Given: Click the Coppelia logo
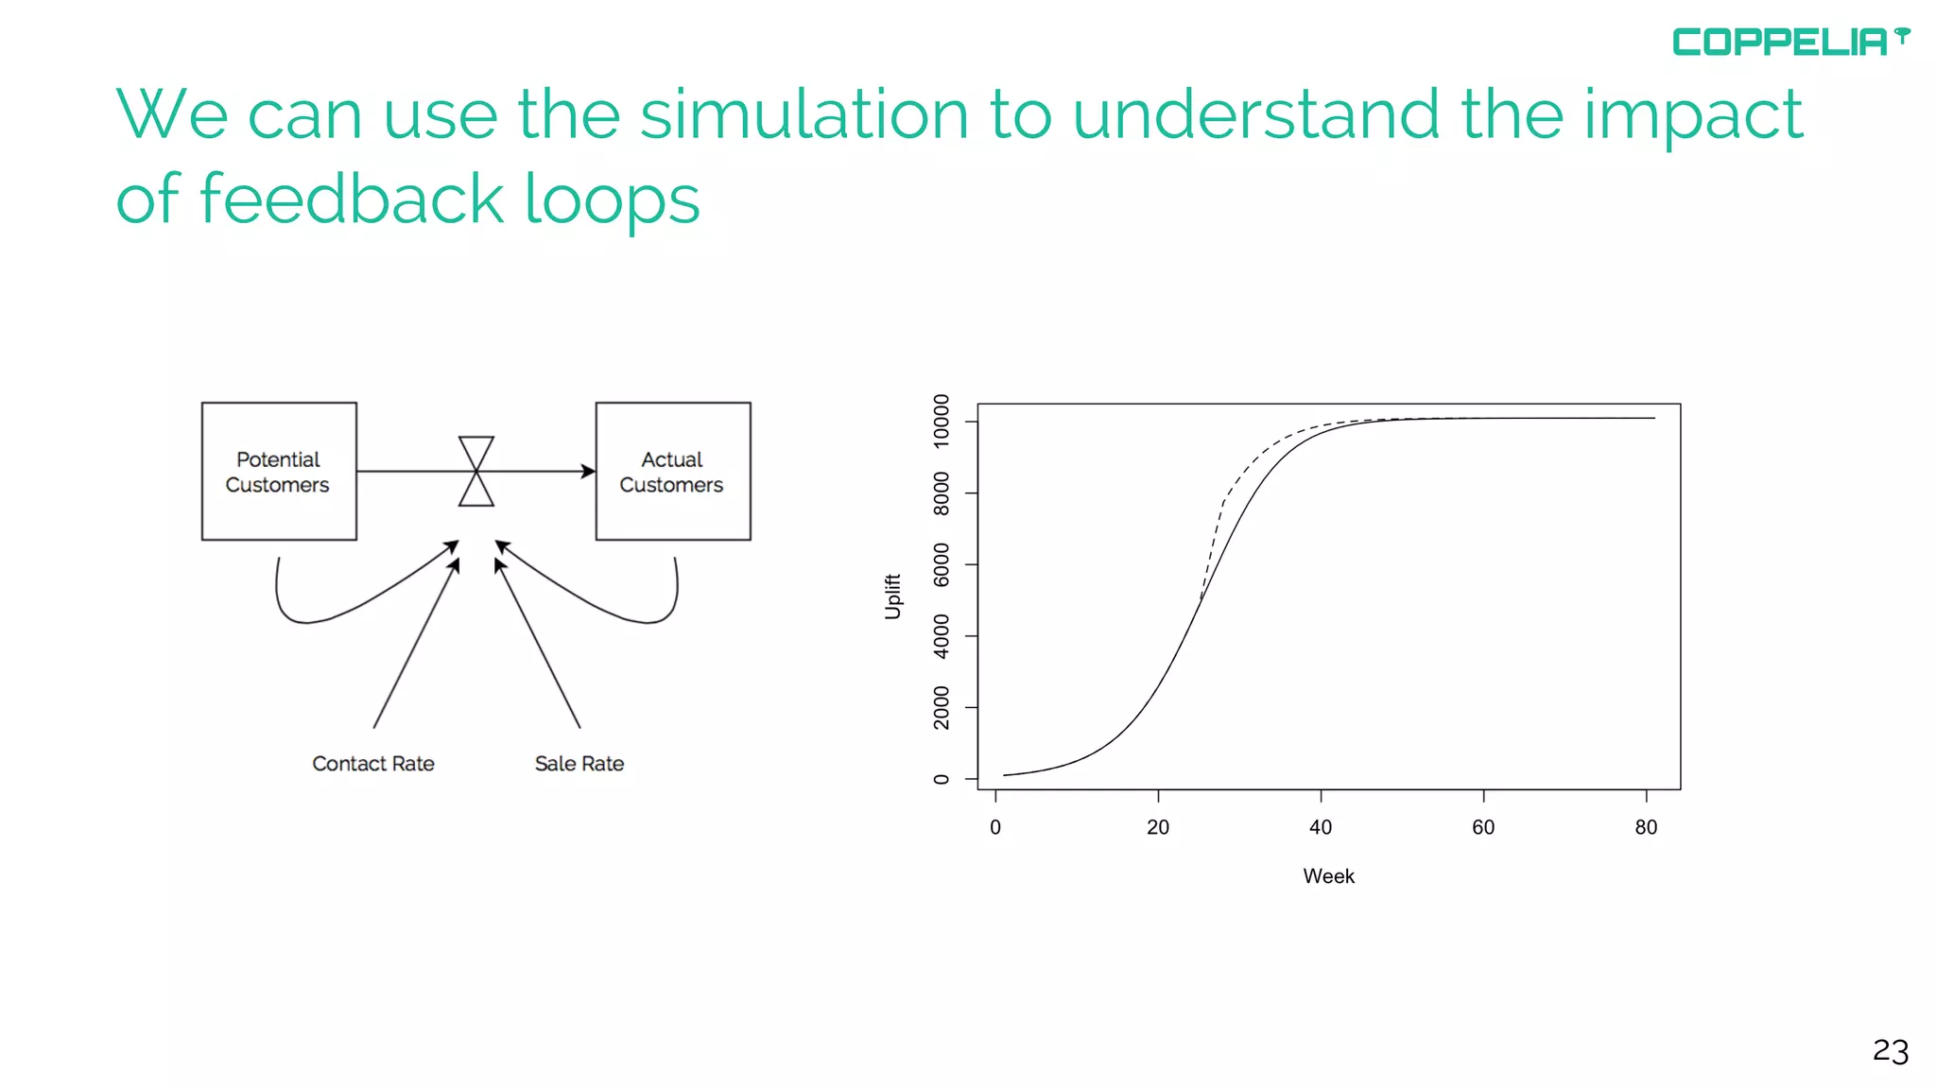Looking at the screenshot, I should pos(1789,42).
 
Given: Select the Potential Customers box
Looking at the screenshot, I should pos(279,472).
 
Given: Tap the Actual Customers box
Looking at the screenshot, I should pos(672,472).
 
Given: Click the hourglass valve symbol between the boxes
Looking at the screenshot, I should pos(476,471).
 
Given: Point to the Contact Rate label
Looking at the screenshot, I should pos(373,764).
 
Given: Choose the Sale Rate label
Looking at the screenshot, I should pos(579,764).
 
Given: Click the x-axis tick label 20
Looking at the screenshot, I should pos(1158,827).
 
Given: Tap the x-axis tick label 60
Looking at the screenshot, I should pos(1483,827).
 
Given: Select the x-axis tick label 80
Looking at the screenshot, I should pos(1646,827).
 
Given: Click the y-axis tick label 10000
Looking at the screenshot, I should pos(941,421).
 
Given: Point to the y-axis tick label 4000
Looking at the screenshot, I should pos(941,636).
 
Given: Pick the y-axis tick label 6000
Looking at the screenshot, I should pos(941,564).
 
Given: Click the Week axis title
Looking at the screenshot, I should pos(1328,876).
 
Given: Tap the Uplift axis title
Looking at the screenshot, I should pos(892,596).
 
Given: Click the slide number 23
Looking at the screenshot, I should pos(1891,1051).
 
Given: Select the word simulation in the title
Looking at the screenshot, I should pos(804,115).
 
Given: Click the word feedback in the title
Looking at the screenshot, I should pos(352,199).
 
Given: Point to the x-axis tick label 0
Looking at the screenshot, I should pos(995,827).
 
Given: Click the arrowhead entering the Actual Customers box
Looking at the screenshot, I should pos(588,471).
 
